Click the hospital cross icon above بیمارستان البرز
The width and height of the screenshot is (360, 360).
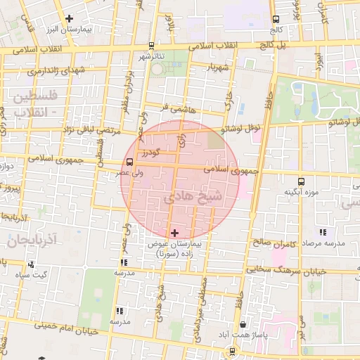click(68, 19)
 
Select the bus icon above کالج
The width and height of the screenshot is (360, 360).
click(276, 20)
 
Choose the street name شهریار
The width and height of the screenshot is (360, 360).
click(219, 67)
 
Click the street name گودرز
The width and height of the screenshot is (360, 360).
click(149, 152)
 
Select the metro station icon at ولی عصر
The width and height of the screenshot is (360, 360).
click(119, 161)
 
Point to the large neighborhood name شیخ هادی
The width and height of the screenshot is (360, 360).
click(193, 198)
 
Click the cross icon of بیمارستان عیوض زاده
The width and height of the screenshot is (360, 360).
click(175, 232)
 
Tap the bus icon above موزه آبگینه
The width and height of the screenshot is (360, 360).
click(301, 181)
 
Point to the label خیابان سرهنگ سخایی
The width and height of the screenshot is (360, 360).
click(281, 270)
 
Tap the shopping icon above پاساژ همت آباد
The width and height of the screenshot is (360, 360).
click(243, 325)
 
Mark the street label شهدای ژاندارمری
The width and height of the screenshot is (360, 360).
click(52, 71)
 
